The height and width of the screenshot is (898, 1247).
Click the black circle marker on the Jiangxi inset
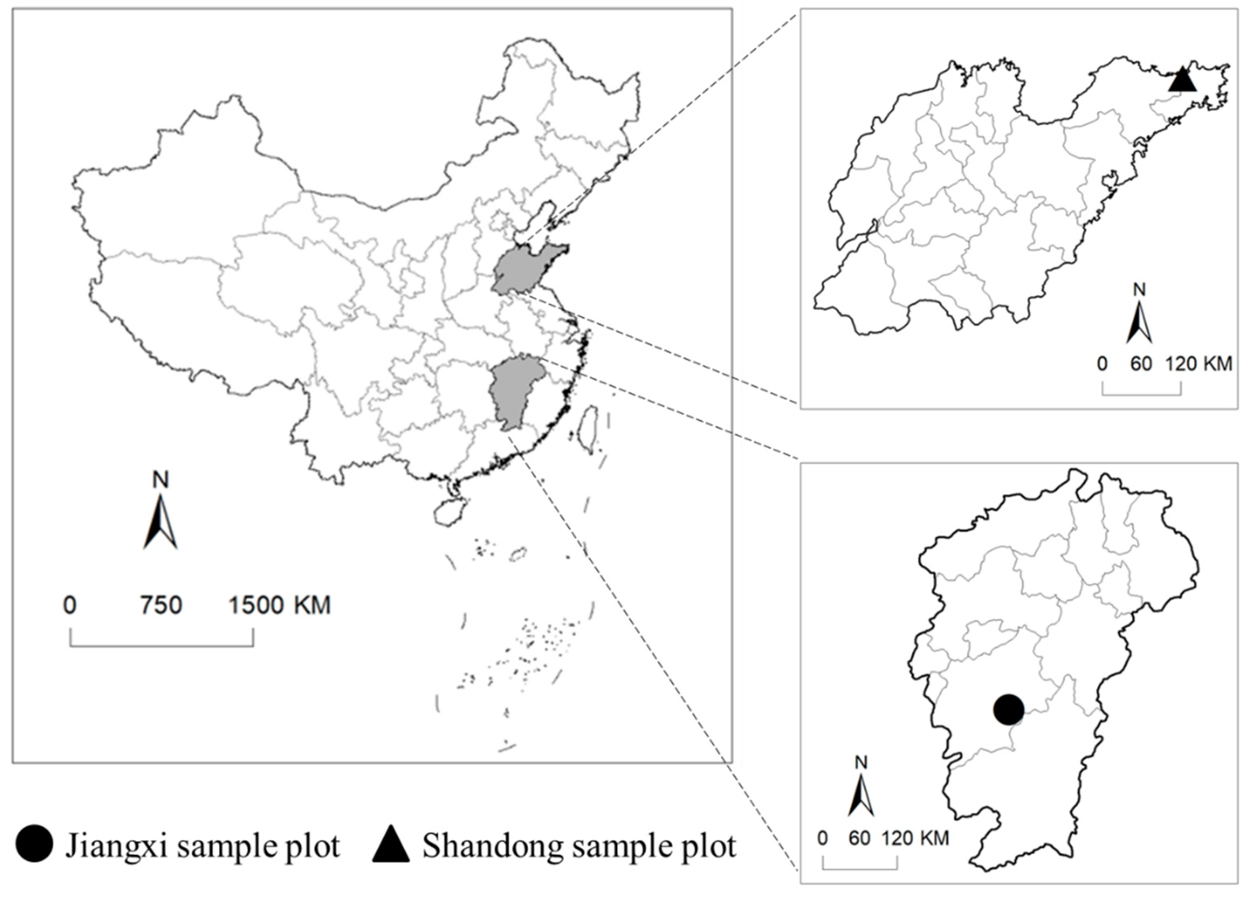point(1008,710)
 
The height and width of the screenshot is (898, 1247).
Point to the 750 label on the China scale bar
point(160,605)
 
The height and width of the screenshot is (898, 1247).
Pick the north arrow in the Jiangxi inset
point(861,793)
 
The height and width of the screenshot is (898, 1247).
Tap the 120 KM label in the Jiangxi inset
point(915,838)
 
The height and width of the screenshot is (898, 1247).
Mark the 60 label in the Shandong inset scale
point(1141,364)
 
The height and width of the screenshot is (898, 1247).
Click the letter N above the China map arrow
point(160,480)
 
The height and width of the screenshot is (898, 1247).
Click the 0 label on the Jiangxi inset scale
point(822,838)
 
